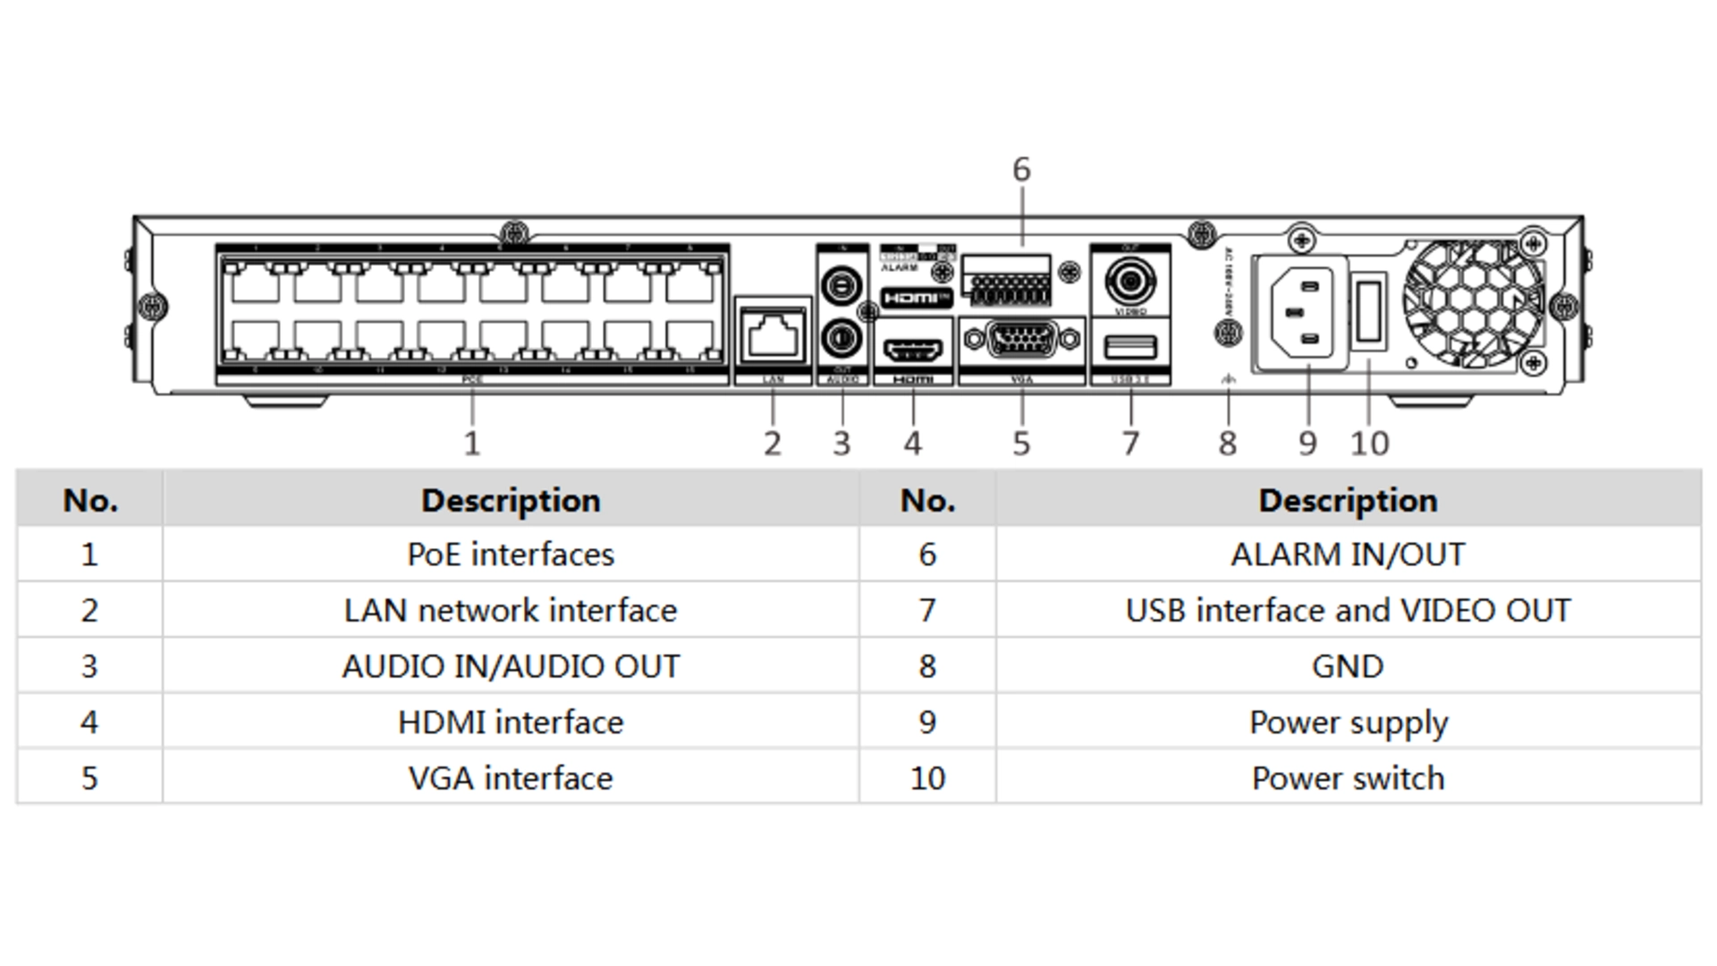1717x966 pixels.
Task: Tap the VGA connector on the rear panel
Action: coord(1020,340)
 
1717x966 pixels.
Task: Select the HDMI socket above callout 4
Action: coord(913,349)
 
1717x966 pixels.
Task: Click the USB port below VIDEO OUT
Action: coord(1130,346)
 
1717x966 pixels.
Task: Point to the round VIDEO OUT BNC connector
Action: coord(1130,282)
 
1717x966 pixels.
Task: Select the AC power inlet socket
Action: coord(1300,312)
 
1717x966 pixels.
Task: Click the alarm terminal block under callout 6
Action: coord(1007,285)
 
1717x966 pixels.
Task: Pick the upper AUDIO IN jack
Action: coord(841,285)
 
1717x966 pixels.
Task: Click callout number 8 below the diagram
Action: coord(1227,444)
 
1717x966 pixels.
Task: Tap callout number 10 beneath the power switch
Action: coord(1369,444)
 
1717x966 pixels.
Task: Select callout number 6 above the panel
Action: coord(1021,170)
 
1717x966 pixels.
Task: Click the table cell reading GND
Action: coord(1348,666)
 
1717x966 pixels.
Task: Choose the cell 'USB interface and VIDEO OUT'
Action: coord(1348,611)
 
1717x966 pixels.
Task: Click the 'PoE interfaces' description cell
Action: coord(511,555)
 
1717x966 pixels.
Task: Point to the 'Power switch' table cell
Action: coord(1348,778)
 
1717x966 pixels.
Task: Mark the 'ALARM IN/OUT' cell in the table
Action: coord(1348,555)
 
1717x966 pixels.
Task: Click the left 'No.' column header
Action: coord(90,500)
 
